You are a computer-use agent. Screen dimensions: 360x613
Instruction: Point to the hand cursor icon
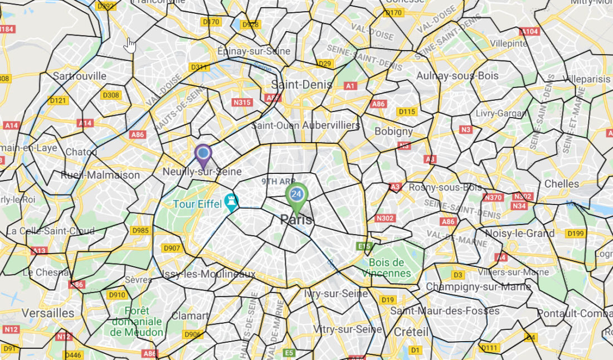tap(130, 45)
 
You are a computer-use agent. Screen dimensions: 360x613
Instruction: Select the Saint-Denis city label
tap(301, 85)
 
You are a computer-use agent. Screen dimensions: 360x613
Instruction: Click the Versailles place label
tap(48, 313)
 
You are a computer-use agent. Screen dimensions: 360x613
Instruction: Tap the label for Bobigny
tap(394, 132)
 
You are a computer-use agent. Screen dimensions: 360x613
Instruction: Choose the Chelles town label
tap(562, 183)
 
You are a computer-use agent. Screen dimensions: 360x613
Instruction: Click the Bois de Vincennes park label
tap(390, 268)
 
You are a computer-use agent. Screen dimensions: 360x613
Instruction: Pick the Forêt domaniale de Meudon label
tap(137, 322)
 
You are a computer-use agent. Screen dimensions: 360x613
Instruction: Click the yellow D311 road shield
tap(199, 67)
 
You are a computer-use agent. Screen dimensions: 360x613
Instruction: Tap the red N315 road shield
tap(242, 103)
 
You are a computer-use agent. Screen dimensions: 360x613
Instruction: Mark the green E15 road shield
tap(364, 246)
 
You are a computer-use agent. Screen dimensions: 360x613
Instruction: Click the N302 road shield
tap(385, 218)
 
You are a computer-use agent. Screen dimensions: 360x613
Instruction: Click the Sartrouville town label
tap(80, 76)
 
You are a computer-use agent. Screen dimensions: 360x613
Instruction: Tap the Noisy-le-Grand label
tap(519, 233)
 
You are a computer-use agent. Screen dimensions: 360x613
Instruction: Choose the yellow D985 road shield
tap(140, 230)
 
